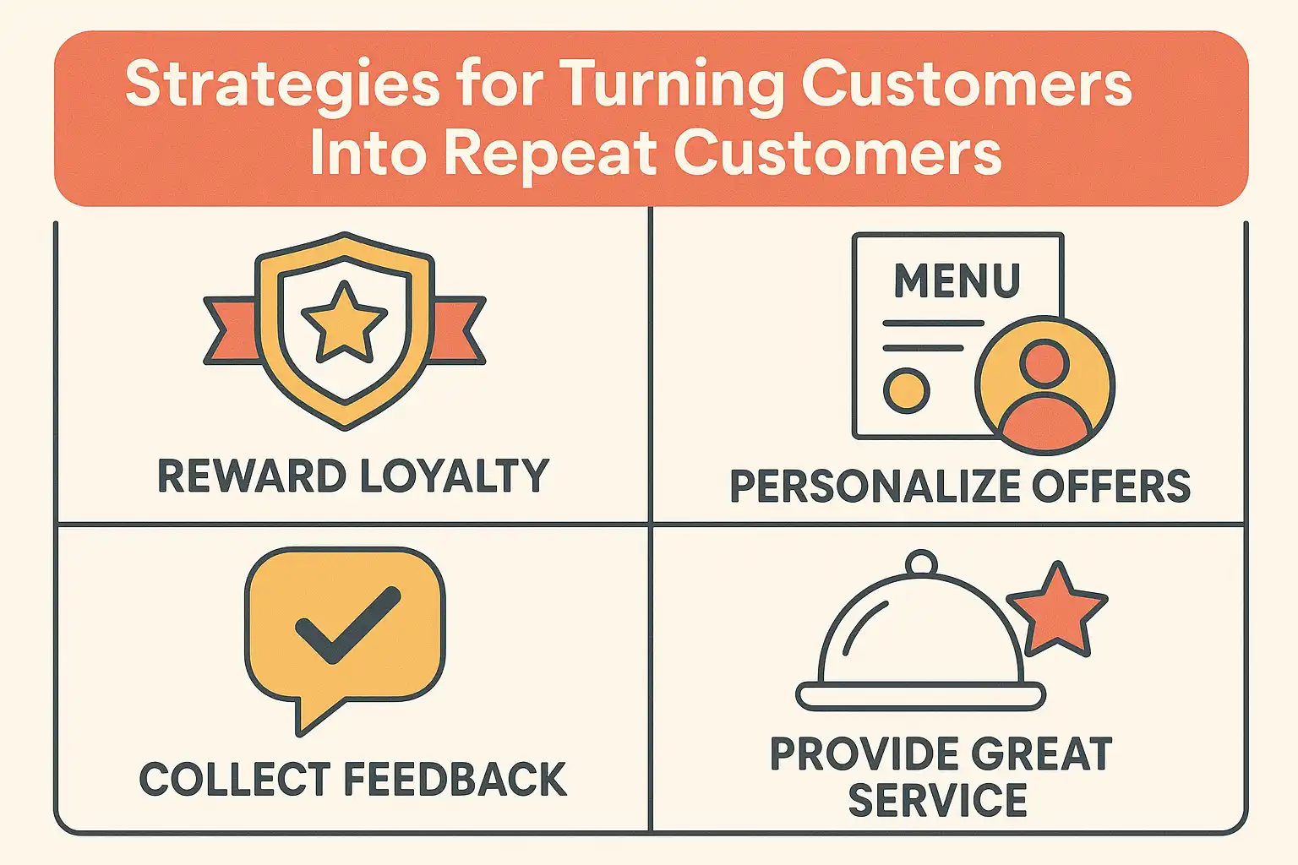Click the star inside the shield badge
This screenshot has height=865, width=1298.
coord(344,322)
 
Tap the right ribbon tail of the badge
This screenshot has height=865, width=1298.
coord(459,330)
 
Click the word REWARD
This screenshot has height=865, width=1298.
coord(252,476)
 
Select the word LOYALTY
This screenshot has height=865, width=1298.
coord(455,476)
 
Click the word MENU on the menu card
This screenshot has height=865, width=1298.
coord(957,280)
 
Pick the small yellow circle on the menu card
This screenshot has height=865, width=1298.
coord(906,390)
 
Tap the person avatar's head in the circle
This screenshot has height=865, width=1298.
coord(1044,363)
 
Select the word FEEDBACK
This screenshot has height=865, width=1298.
coord(455,779)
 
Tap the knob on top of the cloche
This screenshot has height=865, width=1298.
coord(921,563)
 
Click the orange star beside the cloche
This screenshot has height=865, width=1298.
coord(1056,611)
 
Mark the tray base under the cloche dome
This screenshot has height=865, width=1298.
coord(921,696)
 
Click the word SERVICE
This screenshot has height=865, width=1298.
coord(937,800)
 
